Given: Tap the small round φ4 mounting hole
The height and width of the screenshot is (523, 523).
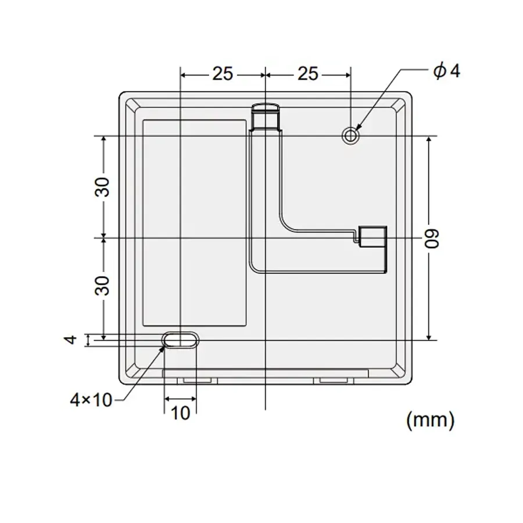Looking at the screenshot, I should pyautogui.click(x=350, y=135).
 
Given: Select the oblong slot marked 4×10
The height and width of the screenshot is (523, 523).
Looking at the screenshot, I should pyautogui.click(x=180, y=340).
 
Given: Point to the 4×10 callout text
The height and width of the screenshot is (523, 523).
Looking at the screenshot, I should pyautogui.click(x=91, y=400).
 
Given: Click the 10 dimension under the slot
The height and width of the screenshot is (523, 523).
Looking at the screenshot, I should pyautogui.click(x=181, y=413).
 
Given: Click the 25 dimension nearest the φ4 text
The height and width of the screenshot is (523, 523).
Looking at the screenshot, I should pyautogui.click(x=308, y=74).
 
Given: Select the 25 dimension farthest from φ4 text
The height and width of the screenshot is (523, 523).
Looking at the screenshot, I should pyautogui.click(x=222, y=74).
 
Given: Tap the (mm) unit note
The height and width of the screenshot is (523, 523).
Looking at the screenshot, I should pyautogui.click(x=430, y=419).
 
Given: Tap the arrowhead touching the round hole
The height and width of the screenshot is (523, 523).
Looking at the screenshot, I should pyautogui.click(x=358, y=127).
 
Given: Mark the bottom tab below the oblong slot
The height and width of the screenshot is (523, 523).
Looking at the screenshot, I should pyautogui.click(x=197, y=379).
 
